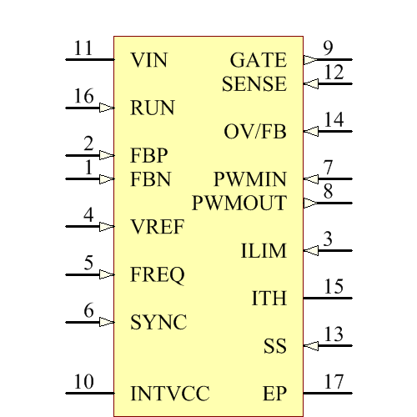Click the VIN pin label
[x=149, y=60]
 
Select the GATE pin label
[x=258, y=60]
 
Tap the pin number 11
[x=83, y=48]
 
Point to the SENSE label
[x=254, y=84]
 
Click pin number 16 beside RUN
[x=83, y=97]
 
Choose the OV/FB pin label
[x=255, y=132]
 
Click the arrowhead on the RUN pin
[x=107, y=108]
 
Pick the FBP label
[x=149, y=155]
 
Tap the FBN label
[x=150, y=179]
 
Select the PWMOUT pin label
[x=239, y=203]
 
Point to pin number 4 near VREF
[x=88, y=215]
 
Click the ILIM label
[x=264, y=251]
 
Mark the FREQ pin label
[x=158, y=274]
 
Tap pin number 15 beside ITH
[x=334, y=287]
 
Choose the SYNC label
[x=158, y=322]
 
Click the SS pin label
[x=275, y=346]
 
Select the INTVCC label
[x=170, y=394]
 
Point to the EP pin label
[x=274, y=394]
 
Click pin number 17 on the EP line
[x=334, y=382]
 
